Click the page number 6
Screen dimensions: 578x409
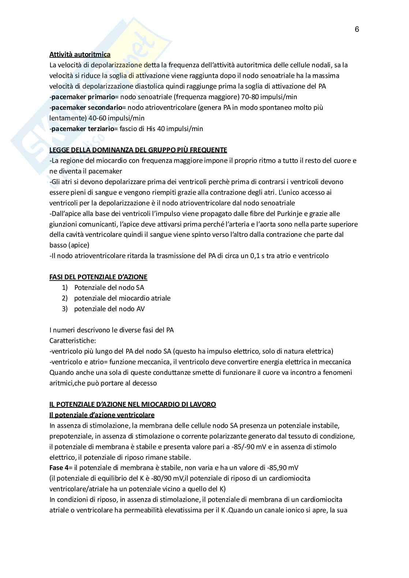(x=357, y=30)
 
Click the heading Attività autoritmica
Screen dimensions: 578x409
(x=80, y=55)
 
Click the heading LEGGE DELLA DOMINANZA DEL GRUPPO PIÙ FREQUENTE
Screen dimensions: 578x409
(x=138, y=150)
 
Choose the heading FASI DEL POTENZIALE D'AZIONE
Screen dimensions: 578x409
(x=98, y=277)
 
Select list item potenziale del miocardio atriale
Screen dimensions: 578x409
(x=122, y=298)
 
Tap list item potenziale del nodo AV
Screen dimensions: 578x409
(x=109, y=309)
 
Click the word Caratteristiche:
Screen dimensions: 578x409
(x=72, y=341)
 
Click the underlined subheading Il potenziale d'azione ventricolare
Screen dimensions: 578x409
(x=102, y=415)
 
